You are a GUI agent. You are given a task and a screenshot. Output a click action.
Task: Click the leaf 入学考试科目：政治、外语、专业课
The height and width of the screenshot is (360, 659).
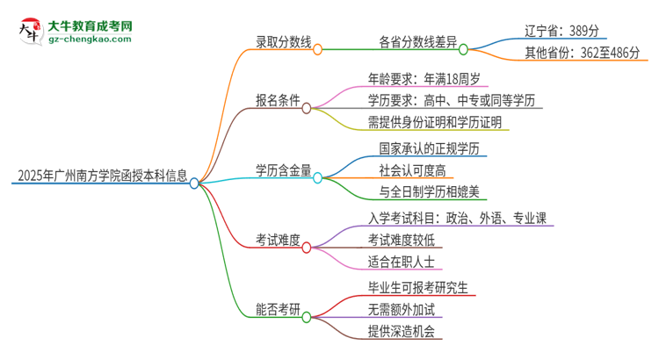point(460,217)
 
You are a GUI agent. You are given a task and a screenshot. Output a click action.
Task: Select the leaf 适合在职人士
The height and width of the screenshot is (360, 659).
point(401,261)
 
